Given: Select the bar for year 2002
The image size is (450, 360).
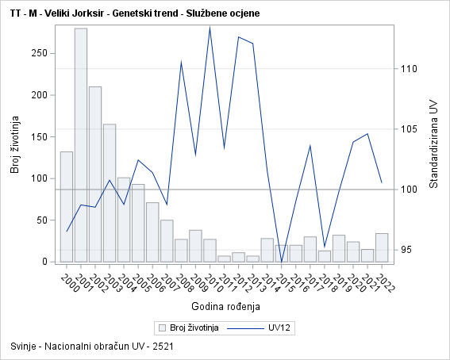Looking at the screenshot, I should click(95, 174).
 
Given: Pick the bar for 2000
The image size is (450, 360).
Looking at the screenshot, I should click(67, 206).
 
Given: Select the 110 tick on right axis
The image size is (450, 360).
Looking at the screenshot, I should click(409, 69).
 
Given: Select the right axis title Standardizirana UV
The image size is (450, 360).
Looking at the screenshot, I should click(433, 144).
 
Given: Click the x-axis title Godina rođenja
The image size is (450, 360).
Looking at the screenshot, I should click(225, 306).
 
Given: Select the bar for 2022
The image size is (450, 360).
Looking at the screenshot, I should click(382, 247).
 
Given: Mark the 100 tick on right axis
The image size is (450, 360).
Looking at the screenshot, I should click(409, 190).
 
